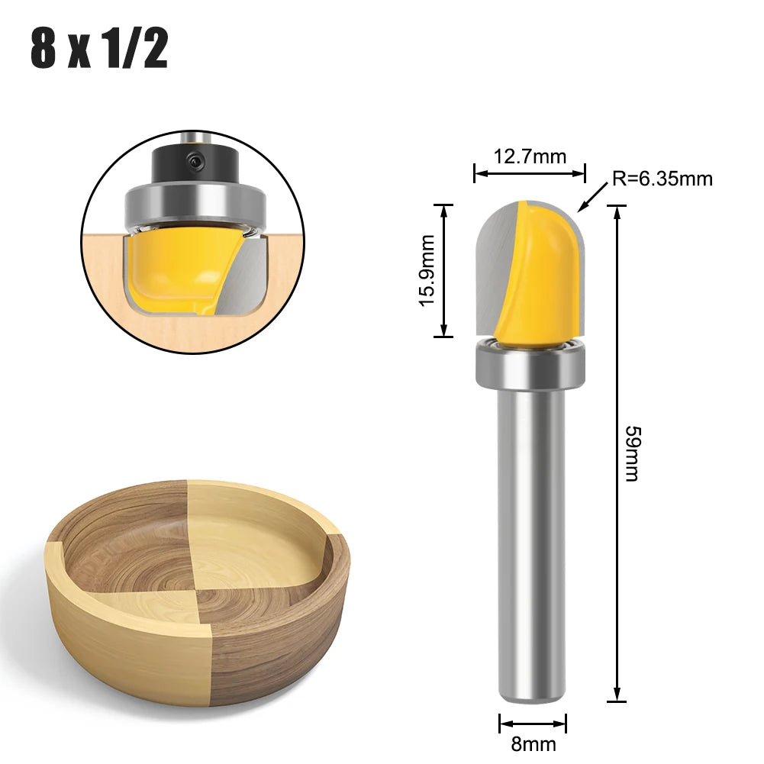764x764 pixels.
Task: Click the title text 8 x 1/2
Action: click(x=99, y=49)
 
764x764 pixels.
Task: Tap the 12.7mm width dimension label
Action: click(x=530, y=156)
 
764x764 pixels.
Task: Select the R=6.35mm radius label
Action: click(x=662, y=179)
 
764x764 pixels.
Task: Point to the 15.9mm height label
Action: click(x=427, y=270)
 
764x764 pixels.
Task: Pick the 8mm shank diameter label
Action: click(x=533, y=743)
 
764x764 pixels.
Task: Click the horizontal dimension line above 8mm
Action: click(x=533, y=722)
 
